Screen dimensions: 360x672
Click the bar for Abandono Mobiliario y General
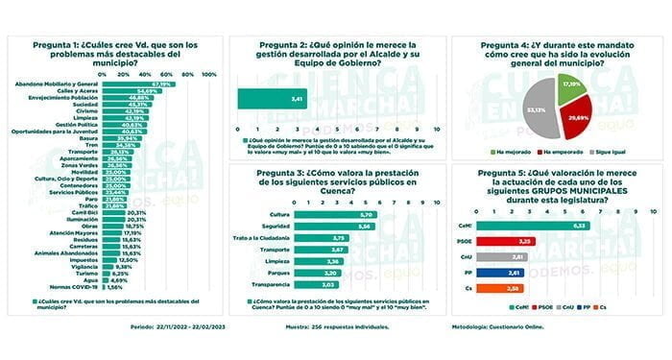[x=134, y=84]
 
